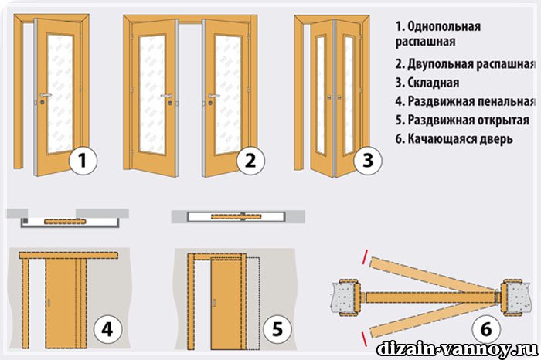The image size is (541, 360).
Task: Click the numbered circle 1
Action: (83, 161)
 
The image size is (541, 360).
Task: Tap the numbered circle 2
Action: (250, 161)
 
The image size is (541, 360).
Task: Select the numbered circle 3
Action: (368, 161)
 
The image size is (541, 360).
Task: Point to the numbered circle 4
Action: (107, 329)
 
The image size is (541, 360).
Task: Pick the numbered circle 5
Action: (277, 329)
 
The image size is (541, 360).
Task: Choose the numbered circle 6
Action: (486, 329)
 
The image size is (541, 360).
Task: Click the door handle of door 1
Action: (45, 95)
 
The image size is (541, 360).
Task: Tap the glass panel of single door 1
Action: (60, 93)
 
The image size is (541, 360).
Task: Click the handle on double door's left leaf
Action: (167, 96)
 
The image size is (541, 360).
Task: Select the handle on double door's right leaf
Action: (213, 96)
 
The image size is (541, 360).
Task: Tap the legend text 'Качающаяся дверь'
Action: (461, 138)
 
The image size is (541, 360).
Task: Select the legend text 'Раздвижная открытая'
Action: (468, 120)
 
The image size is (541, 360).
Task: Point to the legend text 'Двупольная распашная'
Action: (471, 64)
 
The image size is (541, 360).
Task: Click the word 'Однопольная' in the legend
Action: (444, 26)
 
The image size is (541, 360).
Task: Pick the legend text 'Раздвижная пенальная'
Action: (471, 101)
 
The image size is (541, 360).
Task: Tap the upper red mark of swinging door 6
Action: (366, 255)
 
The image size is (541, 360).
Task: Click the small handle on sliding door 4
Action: (48, 303)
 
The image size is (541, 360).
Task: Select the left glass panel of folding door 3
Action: (321, 95)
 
